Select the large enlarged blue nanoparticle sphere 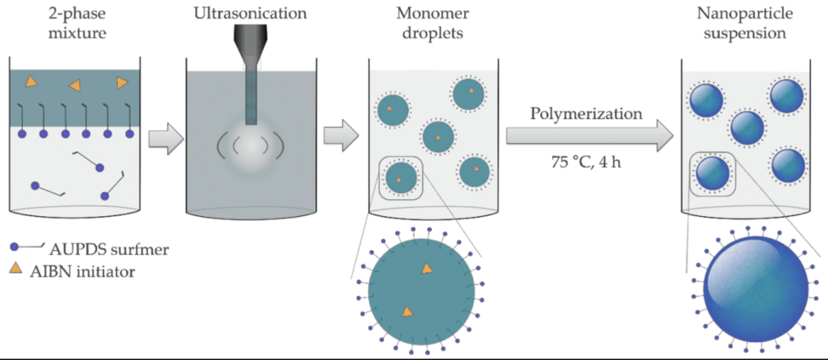756,291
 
